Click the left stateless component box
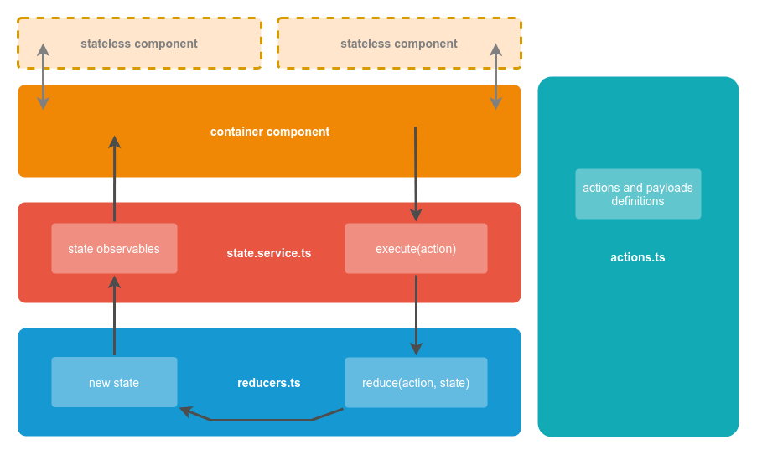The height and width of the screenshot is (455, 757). (x=139, y=44)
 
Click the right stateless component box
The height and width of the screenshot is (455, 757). (x=399, y=44)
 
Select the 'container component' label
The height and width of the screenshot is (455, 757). (x=269, y=132)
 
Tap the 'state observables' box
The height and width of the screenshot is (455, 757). (x=114, y=249)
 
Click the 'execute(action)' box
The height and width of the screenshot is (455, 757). (x=416, y=249)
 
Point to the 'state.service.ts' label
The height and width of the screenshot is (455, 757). (x=268, y=253)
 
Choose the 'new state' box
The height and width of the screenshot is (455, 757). (x=114, y=383)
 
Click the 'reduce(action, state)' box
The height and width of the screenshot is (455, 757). (x=416, y=383)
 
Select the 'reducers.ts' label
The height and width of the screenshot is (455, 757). (x=268, y=383)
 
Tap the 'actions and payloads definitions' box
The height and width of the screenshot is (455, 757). (x=638, y=194)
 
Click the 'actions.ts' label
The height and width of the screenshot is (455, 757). (x=638, y=257)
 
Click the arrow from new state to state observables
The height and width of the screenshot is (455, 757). (x=115, y=318)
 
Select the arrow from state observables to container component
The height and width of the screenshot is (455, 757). (x=115, y=180)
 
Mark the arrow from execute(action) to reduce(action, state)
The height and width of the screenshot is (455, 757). (x=416, y=314)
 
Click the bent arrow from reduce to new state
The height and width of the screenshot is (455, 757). (x=260, y=419)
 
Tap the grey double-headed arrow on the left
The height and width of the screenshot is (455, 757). (x=43, y=77)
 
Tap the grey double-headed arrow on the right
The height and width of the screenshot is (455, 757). (x=495, y=77)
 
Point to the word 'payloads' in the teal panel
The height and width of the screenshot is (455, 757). (x=669, y=188)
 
